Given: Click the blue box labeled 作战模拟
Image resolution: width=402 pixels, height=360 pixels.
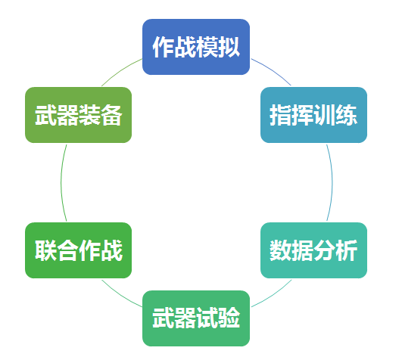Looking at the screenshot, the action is coord(196,47).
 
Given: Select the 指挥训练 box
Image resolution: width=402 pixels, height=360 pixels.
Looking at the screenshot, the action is coord(314,115).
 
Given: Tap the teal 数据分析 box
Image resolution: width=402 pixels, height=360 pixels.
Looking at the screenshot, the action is coord(314,250).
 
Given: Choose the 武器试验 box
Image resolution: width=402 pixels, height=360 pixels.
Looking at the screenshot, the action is coord(196,318).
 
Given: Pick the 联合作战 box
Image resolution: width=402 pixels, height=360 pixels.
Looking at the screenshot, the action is coord(79,250).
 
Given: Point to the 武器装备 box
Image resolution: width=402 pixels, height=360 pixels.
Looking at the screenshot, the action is coord(79,115).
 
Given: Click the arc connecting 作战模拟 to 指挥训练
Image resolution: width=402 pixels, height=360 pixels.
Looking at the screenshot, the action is coord(273,70).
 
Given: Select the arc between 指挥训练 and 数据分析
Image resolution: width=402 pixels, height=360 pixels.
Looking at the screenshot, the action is coord(332,182).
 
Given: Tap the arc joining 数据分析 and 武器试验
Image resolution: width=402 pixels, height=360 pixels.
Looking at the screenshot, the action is coord(273,295).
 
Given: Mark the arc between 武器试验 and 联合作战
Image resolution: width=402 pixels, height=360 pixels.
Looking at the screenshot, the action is coord(120,295).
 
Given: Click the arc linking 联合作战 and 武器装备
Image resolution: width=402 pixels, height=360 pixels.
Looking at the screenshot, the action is coord(61,182).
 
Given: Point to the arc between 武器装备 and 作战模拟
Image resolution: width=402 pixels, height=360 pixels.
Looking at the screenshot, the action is coord(120,70).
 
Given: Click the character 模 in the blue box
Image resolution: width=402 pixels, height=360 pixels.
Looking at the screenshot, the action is coord(207,47).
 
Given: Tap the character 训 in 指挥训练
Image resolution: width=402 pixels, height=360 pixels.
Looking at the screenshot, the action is coord(324,115).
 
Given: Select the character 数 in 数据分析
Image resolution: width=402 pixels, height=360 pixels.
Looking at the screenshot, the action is coord(280,250).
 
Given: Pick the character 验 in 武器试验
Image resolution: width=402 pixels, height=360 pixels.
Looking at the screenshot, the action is coord(229,318).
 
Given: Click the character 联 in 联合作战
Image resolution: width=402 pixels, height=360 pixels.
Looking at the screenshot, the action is coord(45,250).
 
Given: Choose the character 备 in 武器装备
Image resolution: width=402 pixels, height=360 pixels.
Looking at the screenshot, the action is coord(111,115).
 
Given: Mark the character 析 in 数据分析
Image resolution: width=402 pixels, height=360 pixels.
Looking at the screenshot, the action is coord(347,250).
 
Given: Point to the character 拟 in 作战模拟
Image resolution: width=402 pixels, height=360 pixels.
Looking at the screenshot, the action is coord(229,47).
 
